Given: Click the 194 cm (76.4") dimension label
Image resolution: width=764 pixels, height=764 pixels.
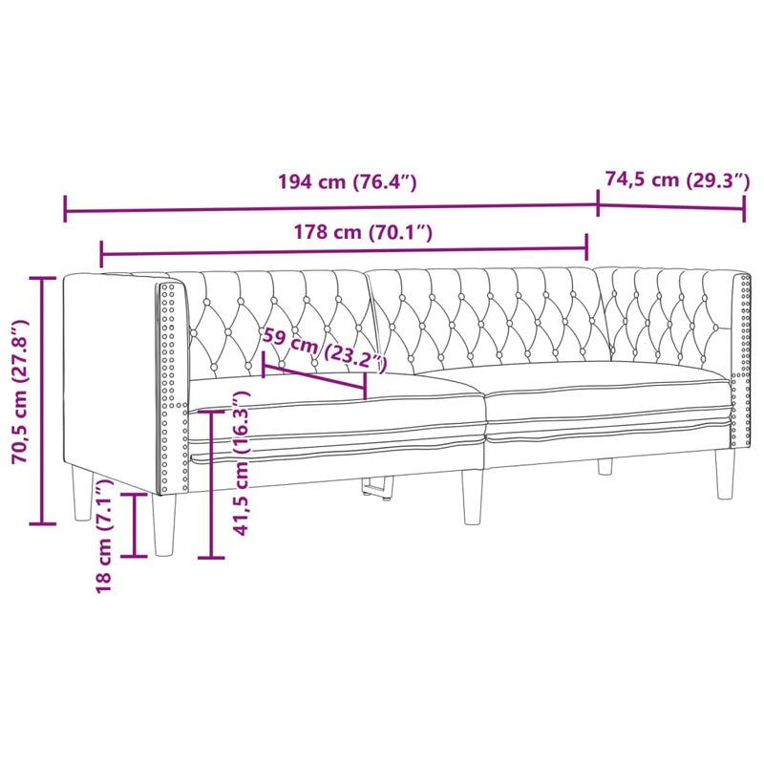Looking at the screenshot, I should pyautogui.click(x=347, y=182).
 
